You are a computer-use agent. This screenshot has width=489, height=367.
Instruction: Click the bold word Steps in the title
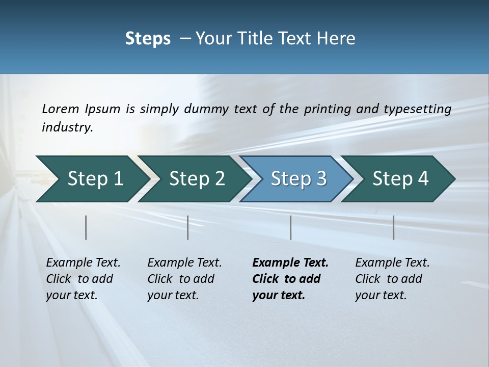pyautogui.click(x=148, y=39)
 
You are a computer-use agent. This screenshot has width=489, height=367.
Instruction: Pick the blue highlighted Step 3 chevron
pyautogui.click(x=298, y=178)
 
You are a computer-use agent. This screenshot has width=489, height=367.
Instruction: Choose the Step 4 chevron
pyautogui.click(x=400, y=178)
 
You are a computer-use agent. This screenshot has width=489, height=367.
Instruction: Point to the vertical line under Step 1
pyautogui.click(x=86, y=227)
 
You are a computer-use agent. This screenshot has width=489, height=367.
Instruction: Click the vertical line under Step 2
pyautogui.click(x=188, y=227)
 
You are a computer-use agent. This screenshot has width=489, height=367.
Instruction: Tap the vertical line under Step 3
pyautogui.click(x=291, y=227)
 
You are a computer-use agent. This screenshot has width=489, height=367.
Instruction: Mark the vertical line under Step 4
pyautogui.click(x=394, y=227)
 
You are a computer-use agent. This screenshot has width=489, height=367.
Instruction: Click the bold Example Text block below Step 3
pyautogui.click(x=290, y=279)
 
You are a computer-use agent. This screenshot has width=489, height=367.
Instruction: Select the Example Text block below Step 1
pyautogui.click(x=83, y=279)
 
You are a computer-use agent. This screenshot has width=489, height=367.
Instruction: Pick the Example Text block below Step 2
pyautogui.click(x=184, y=279)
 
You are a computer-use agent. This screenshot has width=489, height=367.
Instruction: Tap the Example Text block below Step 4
pyautogui.click(x=392, y=279)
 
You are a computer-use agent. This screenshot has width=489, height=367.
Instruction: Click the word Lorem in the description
pyautogui.click(x=61, y=109)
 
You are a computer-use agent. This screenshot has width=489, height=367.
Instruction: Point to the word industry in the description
pyautogui.click(x=67, y=127)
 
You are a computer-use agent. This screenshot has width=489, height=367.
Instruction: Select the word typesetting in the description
pyautogui.click(x=417, y=109)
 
